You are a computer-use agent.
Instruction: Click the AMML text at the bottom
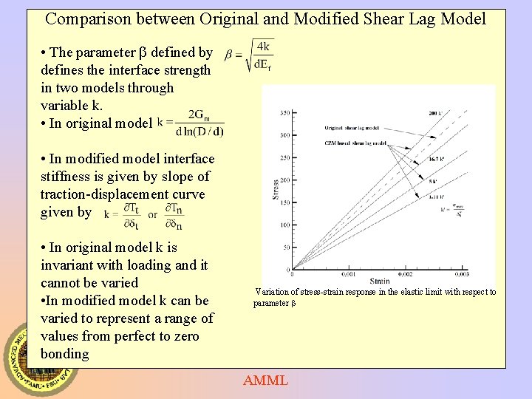pyautogui.click(x=266, y=381)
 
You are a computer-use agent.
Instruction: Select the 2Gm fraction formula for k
pyautogui.click(x=191, y=123)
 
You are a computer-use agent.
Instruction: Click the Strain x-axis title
pyautogui.click(x=379, y=281)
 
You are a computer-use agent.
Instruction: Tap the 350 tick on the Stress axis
pyautogui.click(x=284, y=113)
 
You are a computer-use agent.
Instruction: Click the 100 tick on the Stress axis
pyautogui.click(x=284, y=225)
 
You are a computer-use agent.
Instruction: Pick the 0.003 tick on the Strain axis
pyautogui.click(x=484, y=273)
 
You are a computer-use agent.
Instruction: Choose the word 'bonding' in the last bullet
pyautogui.click(x=65, y=353)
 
